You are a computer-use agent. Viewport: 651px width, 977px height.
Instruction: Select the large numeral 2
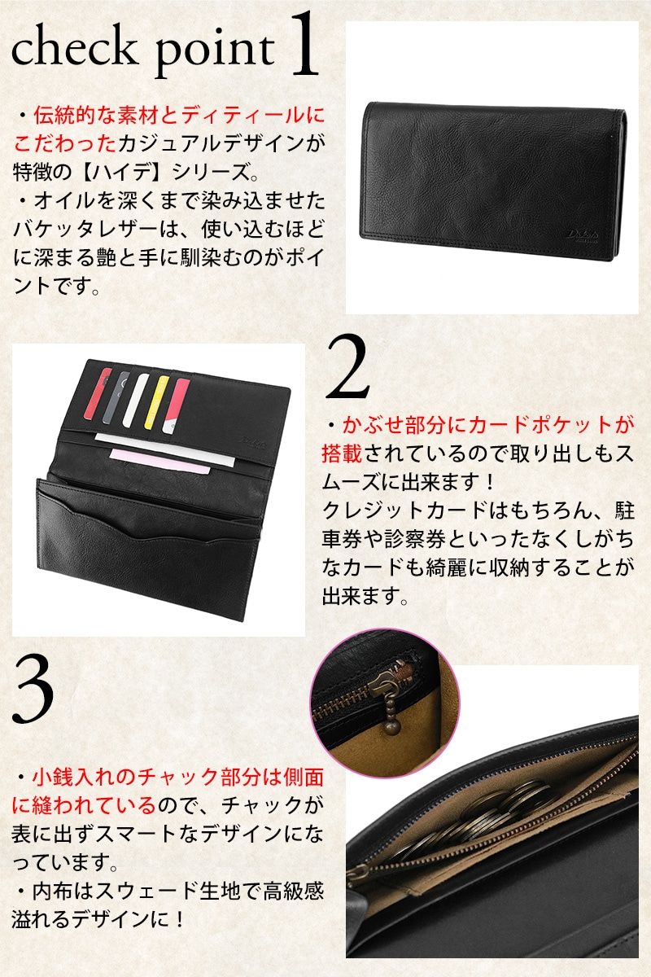point(347,366)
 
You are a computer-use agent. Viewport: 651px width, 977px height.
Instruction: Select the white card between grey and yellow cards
point(136,400)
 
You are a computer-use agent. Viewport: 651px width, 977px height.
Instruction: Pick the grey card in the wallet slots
point(116,397)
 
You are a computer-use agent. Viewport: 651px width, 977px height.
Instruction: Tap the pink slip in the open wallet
point(159,462)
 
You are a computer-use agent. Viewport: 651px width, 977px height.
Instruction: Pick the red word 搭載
point(343,453)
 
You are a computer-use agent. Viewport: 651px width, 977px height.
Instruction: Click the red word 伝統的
point(63,116)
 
